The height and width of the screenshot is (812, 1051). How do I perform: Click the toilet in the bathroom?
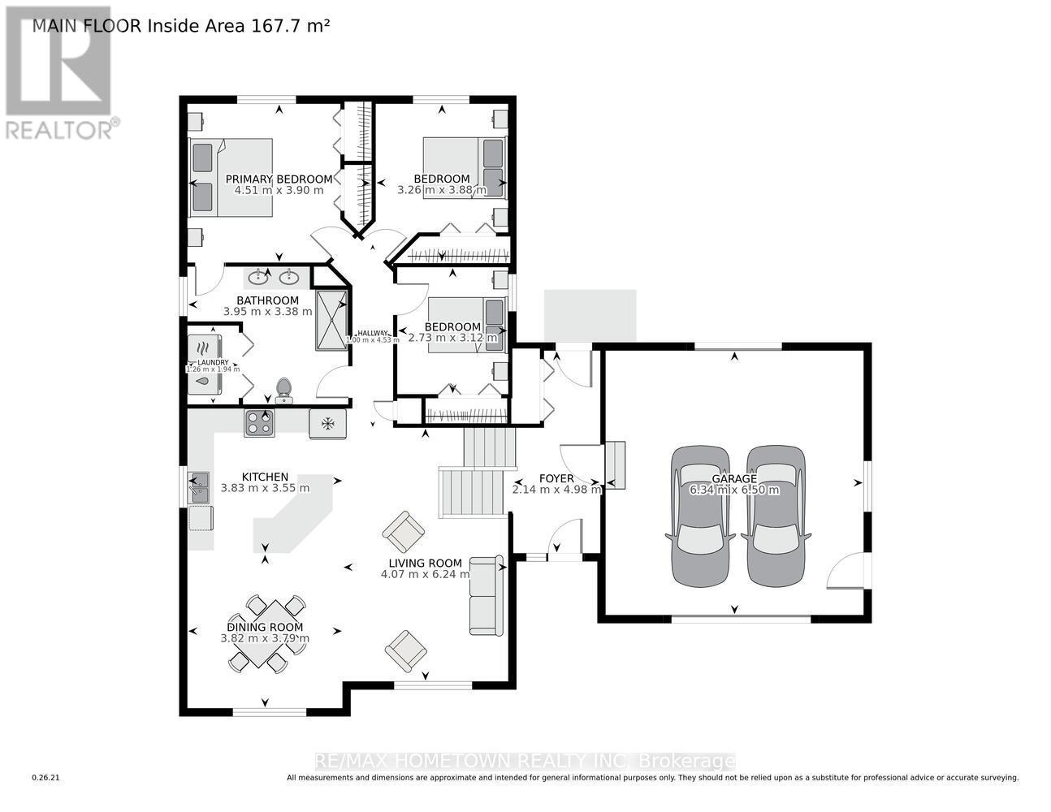tap(283, 390)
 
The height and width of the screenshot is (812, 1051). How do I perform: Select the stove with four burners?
tap(260, 422)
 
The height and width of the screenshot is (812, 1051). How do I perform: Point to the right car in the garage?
tap(776, 515)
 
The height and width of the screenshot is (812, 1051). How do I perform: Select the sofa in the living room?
tap(486, 595)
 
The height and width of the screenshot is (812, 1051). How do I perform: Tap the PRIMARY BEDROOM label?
tap(279, 179)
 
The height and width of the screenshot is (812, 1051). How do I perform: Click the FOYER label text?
tap(556, 478)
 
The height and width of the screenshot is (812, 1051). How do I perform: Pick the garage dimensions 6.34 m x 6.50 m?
tap(734, 490)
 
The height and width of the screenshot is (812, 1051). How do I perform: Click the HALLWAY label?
tap(374, 333)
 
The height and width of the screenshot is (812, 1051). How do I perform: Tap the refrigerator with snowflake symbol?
tap(328, 423)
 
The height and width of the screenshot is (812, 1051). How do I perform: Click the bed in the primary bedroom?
tap(231, 177)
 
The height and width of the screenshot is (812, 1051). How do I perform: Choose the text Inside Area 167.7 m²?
tap(238, 25)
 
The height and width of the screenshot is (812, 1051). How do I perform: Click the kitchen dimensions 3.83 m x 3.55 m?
tap(265, 488)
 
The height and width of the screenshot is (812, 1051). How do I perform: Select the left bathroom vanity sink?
tap(258, 278)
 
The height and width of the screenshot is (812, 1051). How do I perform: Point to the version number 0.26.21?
tap(45, 778)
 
